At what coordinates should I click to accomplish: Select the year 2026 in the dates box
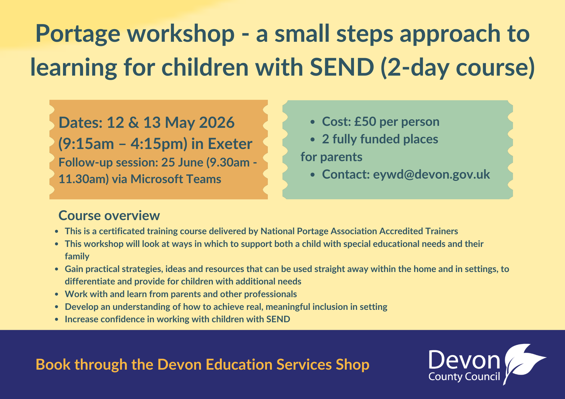point(217,122)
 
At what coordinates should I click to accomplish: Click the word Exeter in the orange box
point(230,144)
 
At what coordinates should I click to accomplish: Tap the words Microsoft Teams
point(176,179)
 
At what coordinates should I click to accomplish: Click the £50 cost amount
point(365,121)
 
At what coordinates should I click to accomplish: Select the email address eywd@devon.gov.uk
point(431,174)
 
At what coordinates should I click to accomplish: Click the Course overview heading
point(109,216)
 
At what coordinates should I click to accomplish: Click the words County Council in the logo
point(464,377)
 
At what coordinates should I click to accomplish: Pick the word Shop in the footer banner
point(352,364)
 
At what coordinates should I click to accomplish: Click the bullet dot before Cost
point(312,122)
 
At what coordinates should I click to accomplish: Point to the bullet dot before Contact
point(312,175)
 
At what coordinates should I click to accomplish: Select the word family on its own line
point(77,256)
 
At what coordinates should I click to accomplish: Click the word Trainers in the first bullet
point(442,231)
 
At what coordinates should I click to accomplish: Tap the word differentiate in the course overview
point(90,281)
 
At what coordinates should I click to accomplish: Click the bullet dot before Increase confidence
point(57,320)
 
